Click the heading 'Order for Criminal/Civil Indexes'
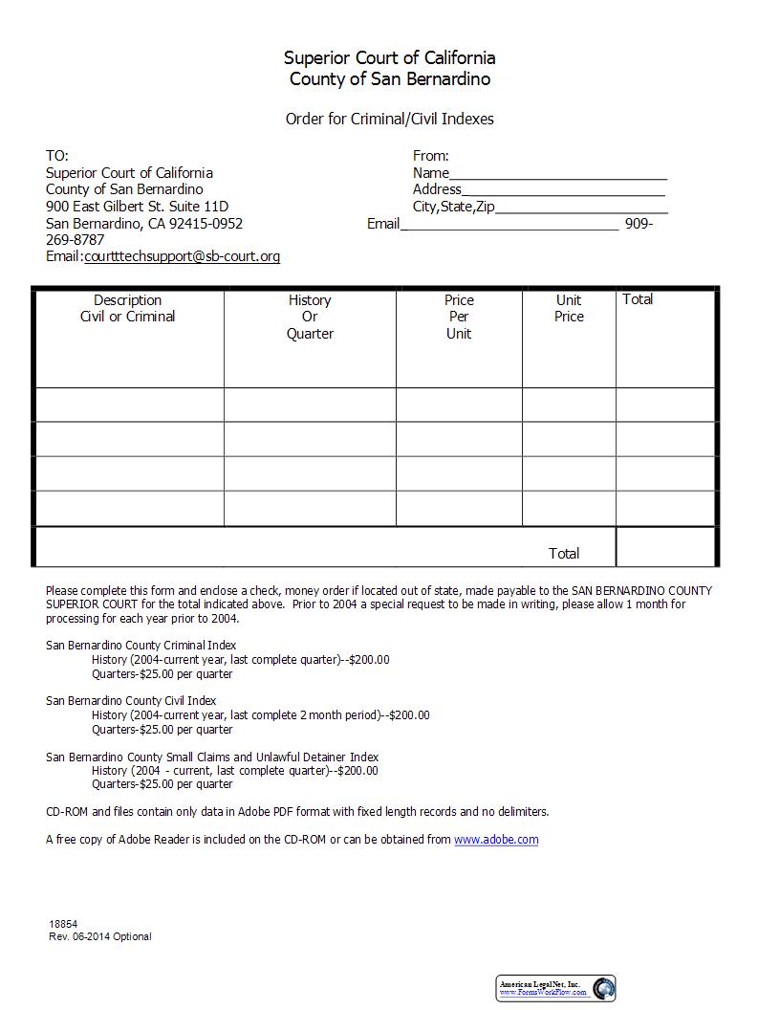coord(389,120)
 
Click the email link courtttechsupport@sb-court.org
coord(182,256)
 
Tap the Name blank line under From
coord(558,174)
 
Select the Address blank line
coord(563,190)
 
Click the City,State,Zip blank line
coord(581,208)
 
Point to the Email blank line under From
coord(509,225)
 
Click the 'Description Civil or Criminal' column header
coord(128,308)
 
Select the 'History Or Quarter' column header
coord(310,317)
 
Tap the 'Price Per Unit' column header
coord(459,317)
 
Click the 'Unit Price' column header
coord(569,308)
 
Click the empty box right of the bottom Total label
coord(665,547)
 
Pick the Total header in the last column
coord(638,299)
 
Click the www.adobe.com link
coord(496,840)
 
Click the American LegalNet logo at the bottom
coord(556,988)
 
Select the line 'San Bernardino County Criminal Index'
coord(141,646)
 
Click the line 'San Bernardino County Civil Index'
coord(131,701)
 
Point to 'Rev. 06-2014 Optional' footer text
coord(100,936)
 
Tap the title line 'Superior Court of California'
coord(389,58)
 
